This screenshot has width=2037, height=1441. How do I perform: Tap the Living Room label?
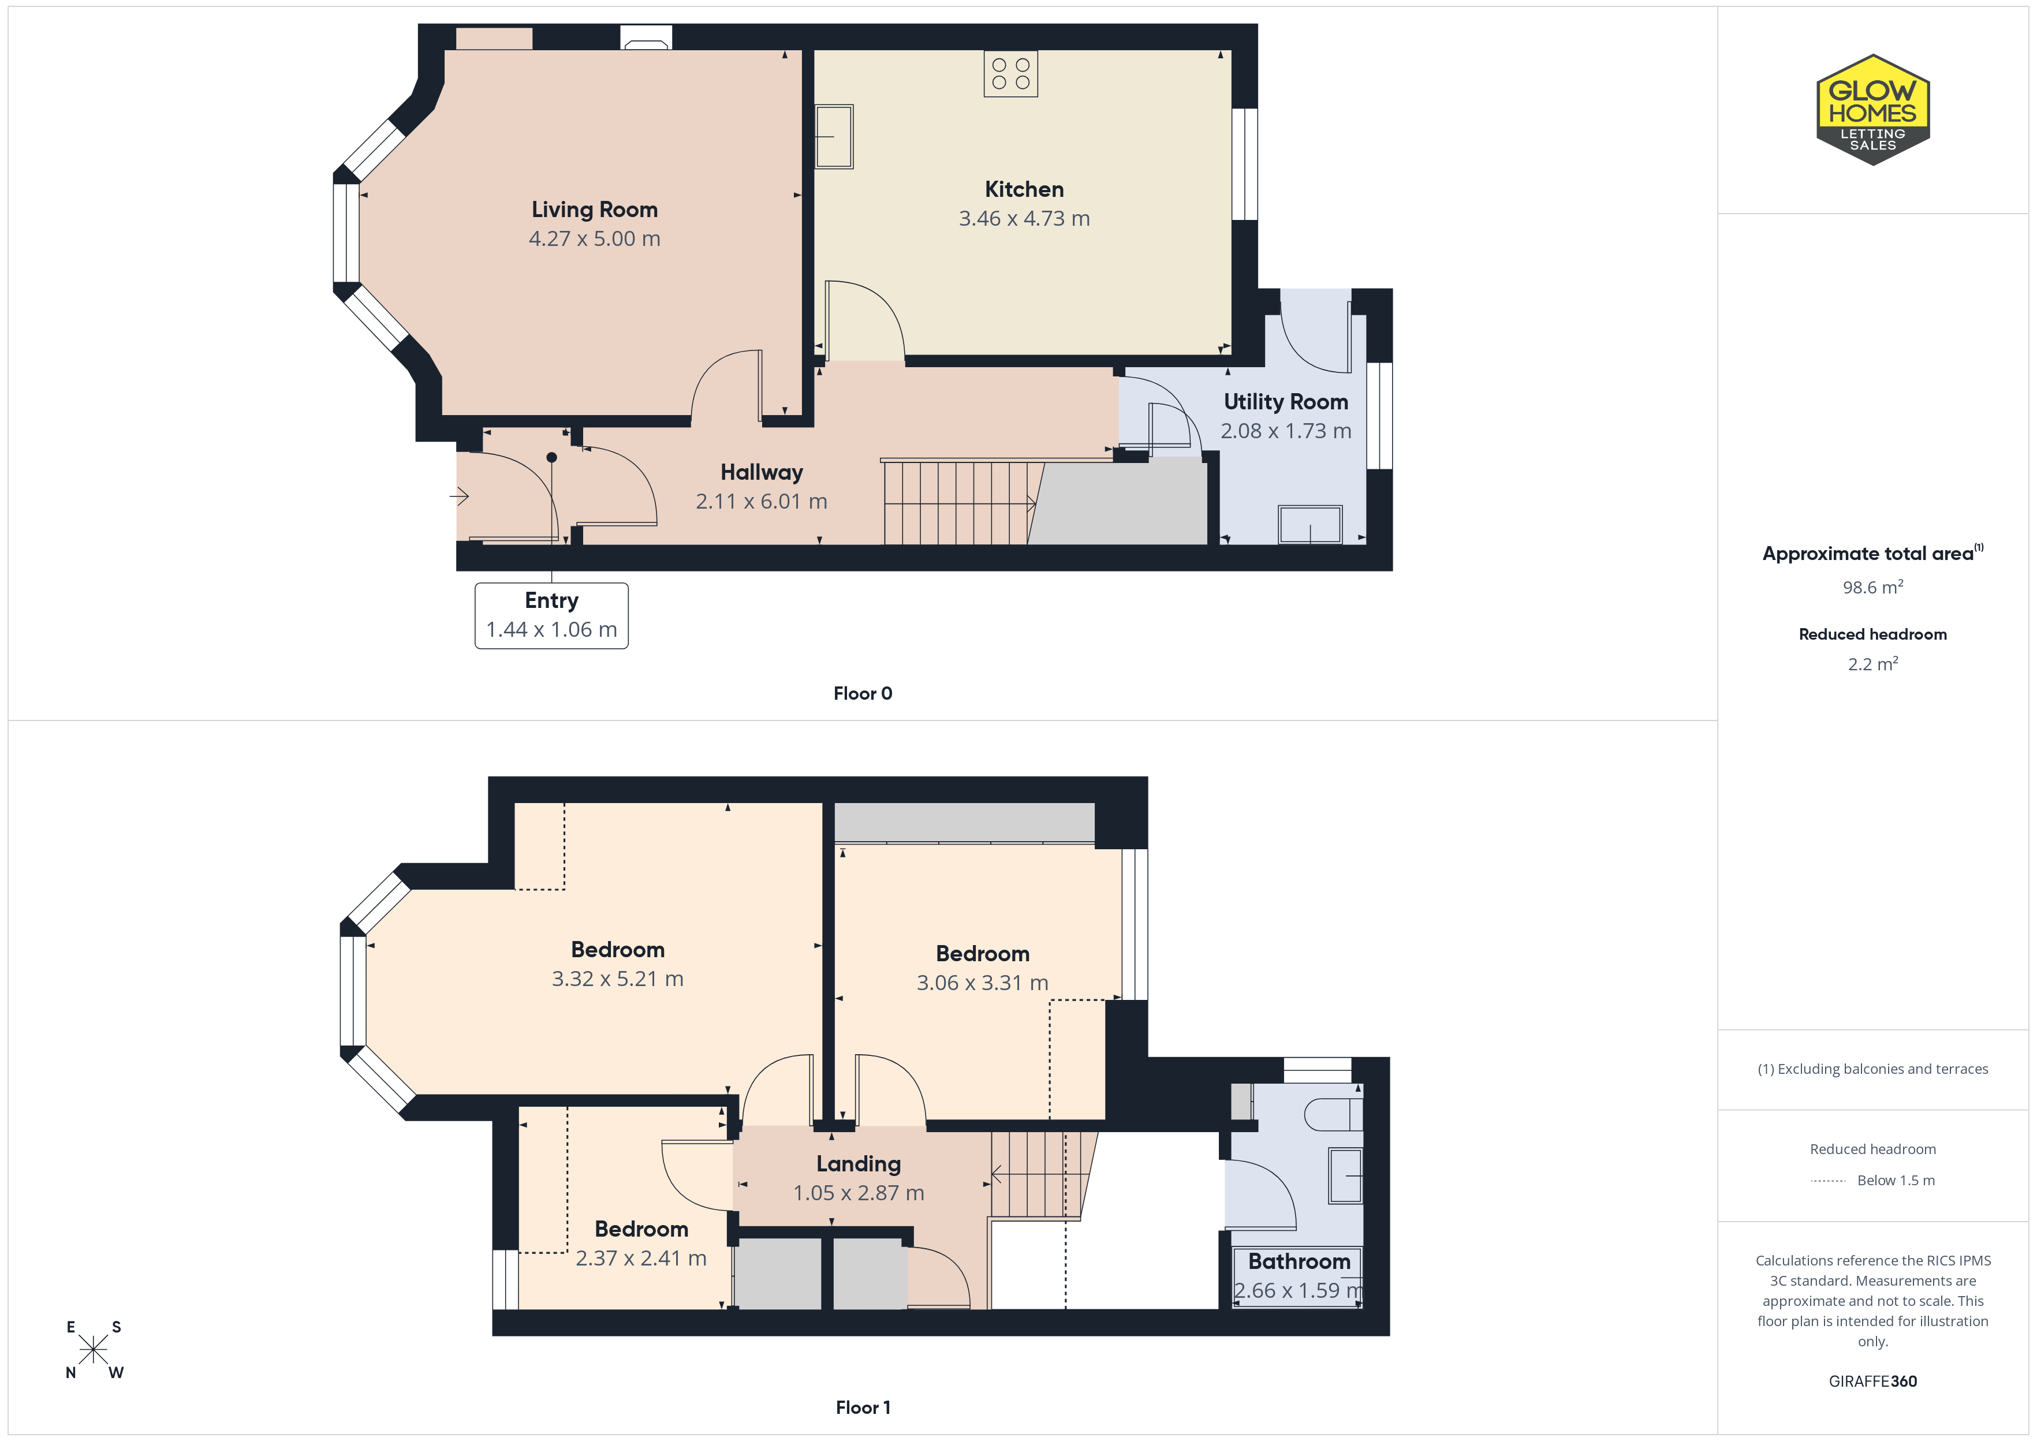point(595,210)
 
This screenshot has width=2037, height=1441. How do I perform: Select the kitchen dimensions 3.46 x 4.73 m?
point(1024,218)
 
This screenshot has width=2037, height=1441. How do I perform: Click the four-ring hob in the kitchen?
point(1010,74)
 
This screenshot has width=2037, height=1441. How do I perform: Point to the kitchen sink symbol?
point(834,137)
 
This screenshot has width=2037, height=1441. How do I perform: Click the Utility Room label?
point(1286,402)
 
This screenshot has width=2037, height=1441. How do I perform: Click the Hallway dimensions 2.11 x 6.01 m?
point(761,501)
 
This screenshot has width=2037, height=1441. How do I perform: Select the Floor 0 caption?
point(863,693)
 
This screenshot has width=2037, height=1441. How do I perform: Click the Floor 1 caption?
point(863,1408)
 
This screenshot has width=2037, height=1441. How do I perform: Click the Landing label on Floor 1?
point(858,1163)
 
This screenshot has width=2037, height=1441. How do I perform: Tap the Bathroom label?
point(1299,1261)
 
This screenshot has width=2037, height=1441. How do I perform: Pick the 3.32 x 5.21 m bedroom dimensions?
point(617,979)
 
